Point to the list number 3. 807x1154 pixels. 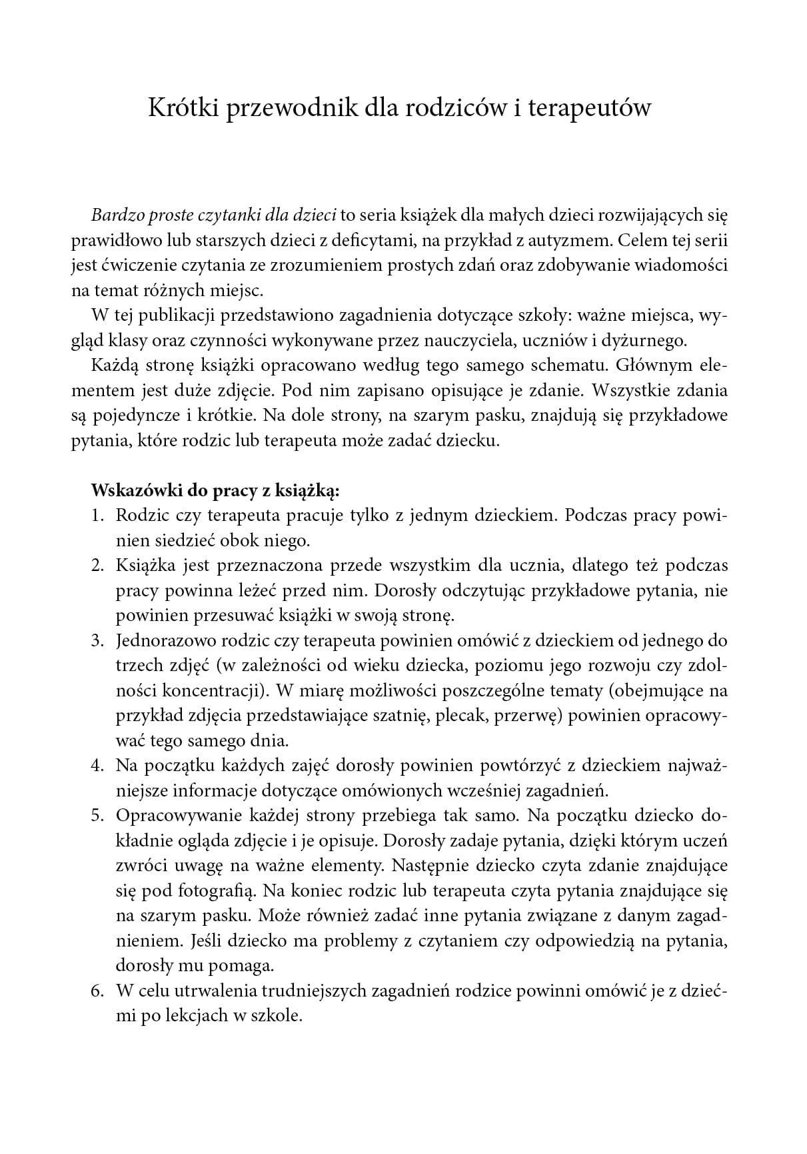pyautogui.click(x=97, y=640)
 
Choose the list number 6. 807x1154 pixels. pyautogui.click(x=97, y=991)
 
